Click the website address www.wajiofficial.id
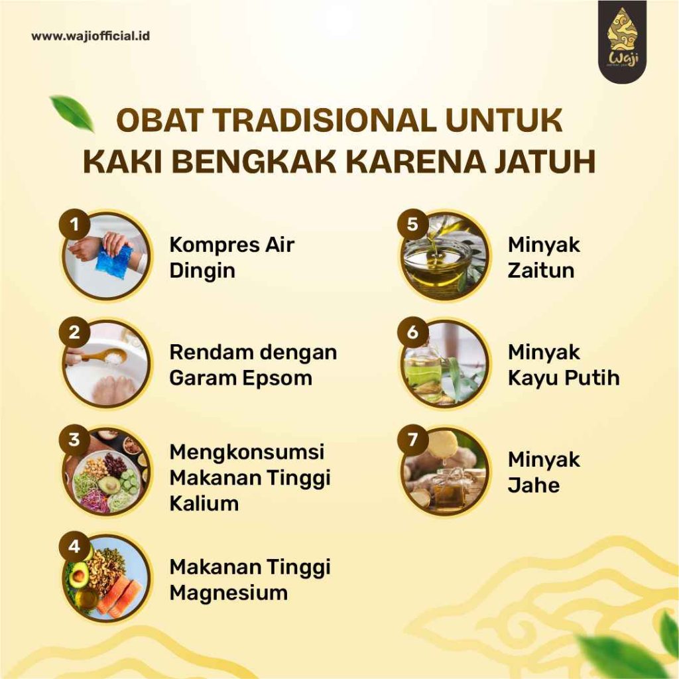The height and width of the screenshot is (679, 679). tap(91, 36)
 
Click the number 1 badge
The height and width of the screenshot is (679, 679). tap(74, 225)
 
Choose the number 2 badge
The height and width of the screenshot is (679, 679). tap(74, 332)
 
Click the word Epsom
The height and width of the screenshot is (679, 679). tap(279, 377)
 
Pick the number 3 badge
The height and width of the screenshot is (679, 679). tap(74, 440)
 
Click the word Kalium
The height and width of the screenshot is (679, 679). tap(204, 503)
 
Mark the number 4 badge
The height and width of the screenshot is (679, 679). tap(74, 547)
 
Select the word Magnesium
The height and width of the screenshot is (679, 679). tap(229, 592)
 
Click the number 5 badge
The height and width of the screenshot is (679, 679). tap(413, 225)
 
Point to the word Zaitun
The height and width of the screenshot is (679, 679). tap(541, 271)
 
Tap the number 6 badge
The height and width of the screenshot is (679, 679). tap(413, 332)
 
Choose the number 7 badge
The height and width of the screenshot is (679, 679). tap(413, 440)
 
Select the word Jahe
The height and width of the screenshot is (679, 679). tap(534, 485)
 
